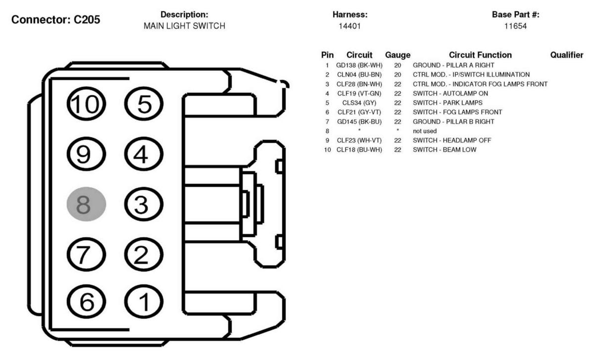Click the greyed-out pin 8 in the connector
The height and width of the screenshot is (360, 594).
click(x=86, y=204)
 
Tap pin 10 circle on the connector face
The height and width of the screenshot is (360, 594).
click(x=86, y=103)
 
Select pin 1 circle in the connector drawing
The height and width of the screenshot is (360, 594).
click(x=144, y=302)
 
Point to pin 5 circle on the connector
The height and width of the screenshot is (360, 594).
click(x=144, y=103)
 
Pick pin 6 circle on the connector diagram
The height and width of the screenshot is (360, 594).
click(x=86, y=302)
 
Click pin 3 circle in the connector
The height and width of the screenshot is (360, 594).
click(x=144, y=204)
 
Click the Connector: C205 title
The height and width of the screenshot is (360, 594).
click(x=55, y=19)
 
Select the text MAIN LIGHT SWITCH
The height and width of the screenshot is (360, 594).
click(x=184, y=26)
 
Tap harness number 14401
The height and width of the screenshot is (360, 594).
click(x=350, y=26)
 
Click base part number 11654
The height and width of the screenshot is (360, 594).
click(x=515, y=26)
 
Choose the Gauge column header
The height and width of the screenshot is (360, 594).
click(x=398, y=55)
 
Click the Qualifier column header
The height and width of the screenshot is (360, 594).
click(x=567, y=55)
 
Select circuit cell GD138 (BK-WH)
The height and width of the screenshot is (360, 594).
click(x=359, y=65)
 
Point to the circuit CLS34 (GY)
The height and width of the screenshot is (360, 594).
click(x=359, y=103)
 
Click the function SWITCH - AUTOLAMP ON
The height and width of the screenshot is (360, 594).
click(x=450, y=94)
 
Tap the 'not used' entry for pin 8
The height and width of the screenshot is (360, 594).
click(x=425, y=131)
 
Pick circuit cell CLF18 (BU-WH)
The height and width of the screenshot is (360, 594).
click(x=359, y=150)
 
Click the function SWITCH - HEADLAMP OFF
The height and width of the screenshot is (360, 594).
click(x=452, y=140)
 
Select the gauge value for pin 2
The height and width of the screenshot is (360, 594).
click(x=397, y=75)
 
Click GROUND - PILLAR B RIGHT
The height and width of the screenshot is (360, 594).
click(x=453, y=121)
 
